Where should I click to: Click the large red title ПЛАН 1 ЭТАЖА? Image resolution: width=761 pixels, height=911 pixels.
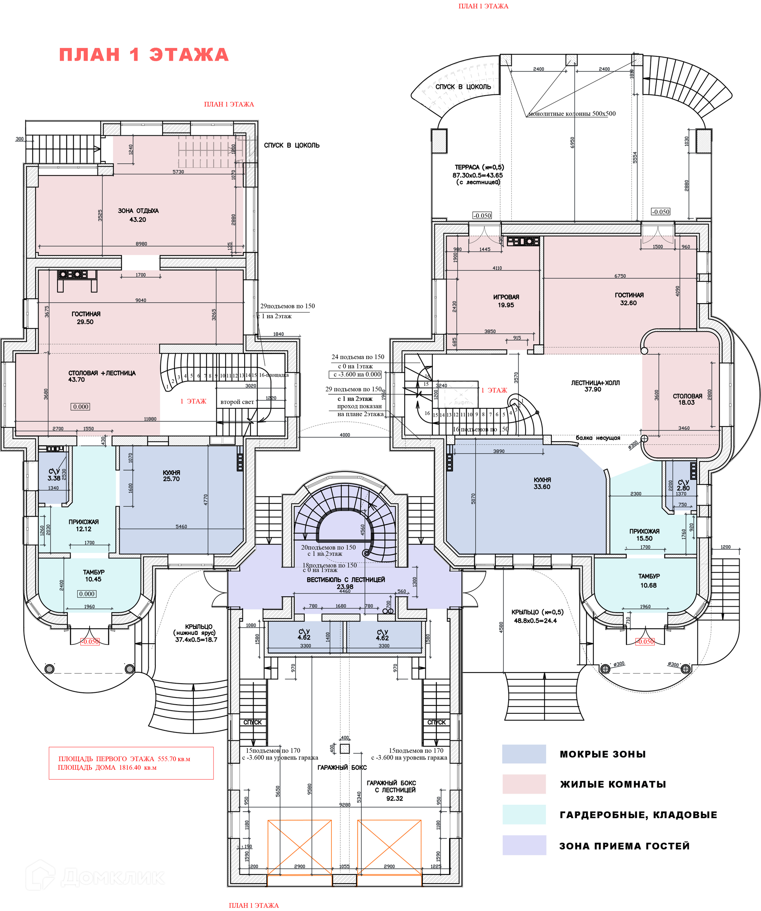point(144,55)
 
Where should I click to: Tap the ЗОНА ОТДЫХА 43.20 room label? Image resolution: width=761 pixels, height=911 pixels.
point(138,215)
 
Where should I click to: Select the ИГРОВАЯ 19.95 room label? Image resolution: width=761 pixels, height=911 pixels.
point(506,301)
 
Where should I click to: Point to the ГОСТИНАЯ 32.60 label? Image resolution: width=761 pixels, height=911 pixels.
point(629,299)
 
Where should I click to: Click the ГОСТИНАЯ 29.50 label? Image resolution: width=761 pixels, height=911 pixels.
point(86,317)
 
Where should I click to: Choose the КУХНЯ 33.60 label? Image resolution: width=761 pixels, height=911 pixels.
point(542,483)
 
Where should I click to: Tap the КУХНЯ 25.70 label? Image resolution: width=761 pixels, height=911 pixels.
point(171,475)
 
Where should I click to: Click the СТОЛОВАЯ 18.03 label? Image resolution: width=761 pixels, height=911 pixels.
point(687,399)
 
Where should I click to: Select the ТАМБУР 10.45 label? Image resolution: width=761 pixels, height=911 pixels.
point(94,576)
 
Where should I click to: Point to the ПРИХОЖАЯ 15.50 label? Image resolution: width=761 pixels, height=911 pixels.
point(644,534)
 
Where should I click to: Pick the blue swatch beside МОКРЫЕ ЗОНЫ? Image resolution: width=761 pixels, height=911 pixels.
point(524,754)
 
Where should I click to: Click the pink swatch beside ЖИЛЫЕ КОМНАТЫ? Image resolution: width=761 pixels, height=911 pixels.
point(524,784)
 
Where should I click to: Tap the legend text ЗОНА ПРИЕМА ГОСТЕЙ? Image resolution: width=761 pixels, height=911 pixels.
point(624,846)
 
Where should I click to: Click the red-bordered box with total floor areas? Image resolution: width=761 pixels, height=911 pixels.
point(131,763)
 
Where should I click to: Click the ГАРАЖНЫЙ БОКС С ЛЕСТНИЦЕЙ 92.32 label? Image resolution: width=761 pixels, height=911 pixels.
point(391,790)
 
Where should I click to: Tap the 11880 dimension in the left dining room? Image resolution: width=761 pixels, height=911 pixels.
point(150,419)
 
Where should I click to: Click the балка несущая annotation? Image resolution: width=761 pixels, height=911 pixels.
point(598,438)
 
